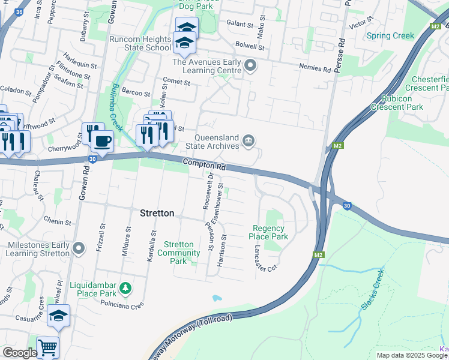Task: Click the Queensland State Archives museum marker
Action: pos(249,141)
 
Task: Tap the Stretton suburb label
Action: pos(157,213)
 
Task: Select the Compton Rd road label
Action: pos(203,164)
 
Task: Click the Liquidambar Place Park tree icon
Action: pos(125,289)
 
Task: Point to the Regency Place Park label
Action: pos(270,232)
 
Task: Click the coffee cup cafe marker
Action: pos(102,142)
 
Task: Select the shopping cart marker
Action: pos(47,347)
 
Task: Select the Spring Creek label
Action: pos(390,35)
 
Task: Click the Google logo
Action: pos(19,352)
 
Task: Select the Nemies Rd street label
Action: pos(318,70)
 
